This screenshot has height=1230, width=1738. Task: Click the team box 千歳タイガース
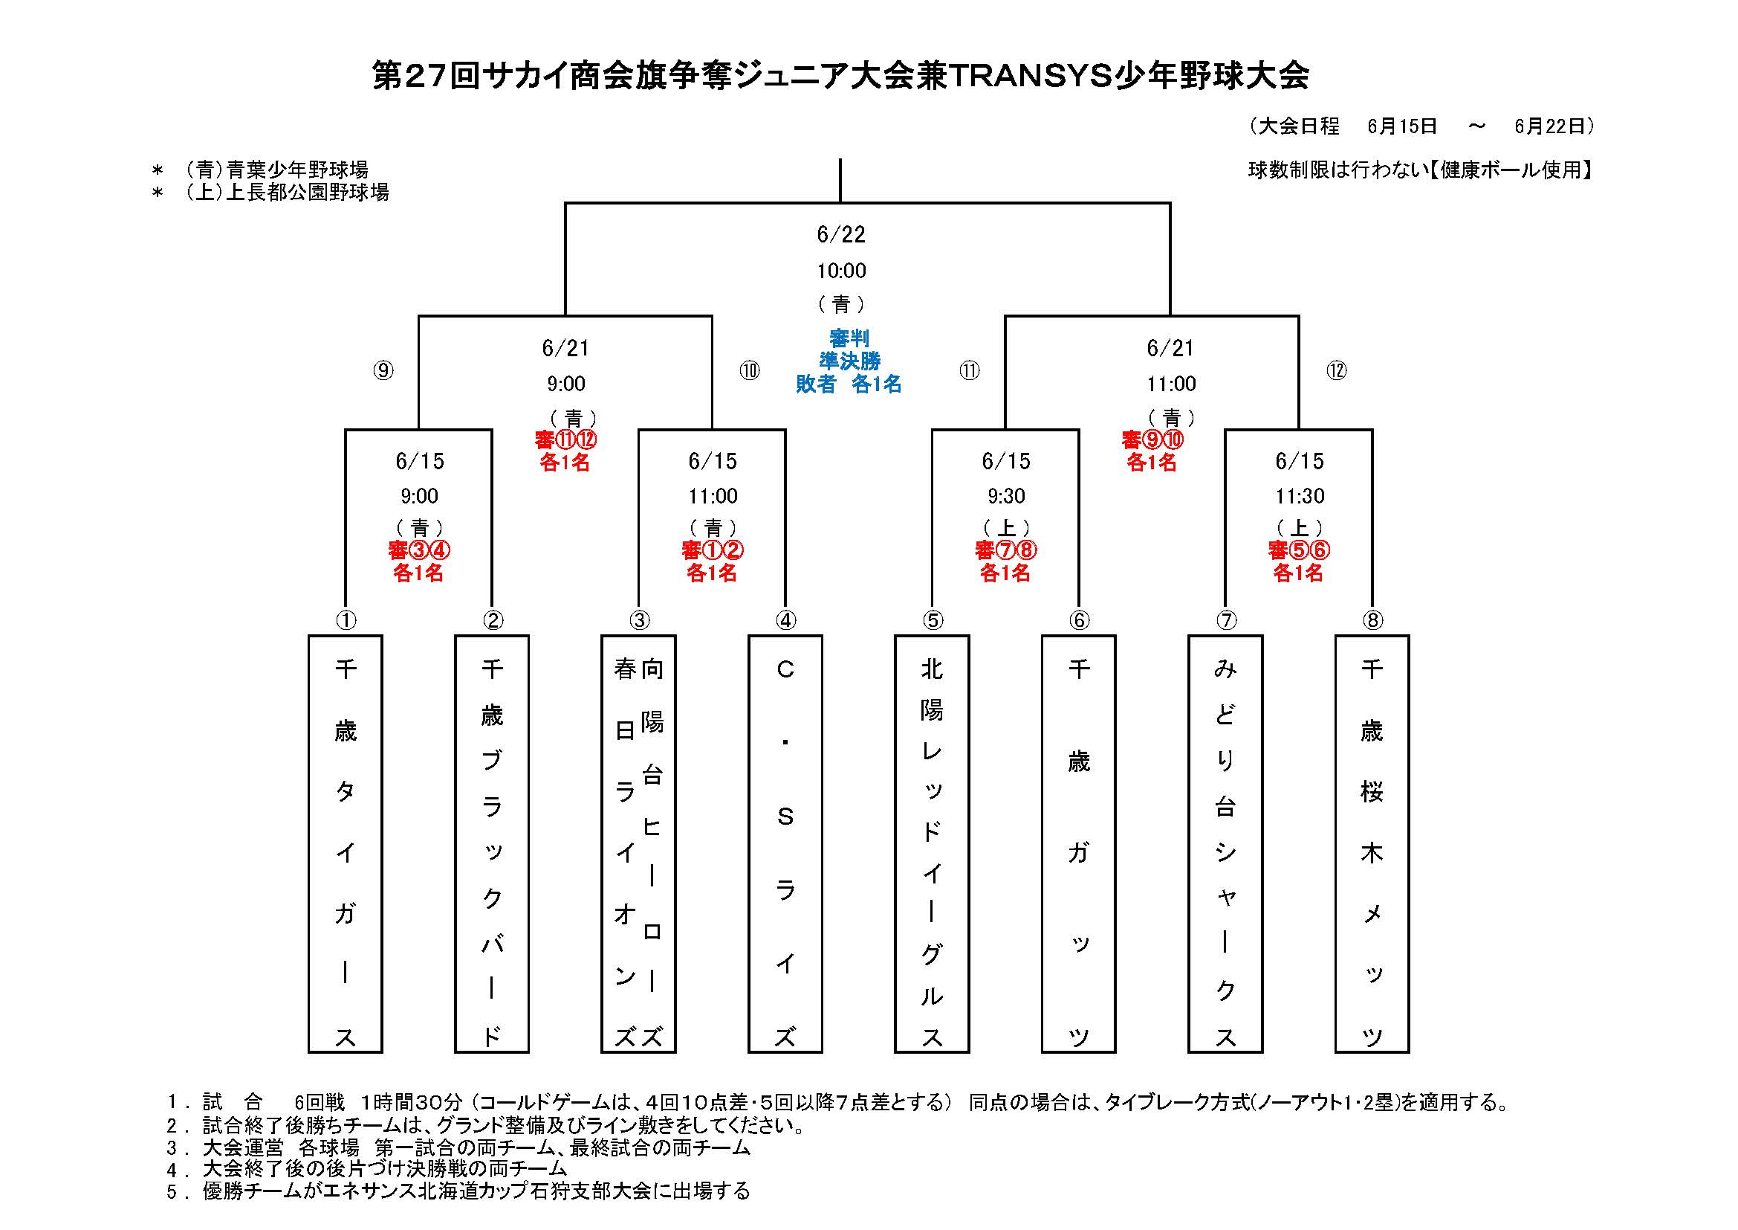coord(346,844)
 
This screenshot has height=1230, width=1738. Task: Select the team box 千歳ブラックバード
coord(492,844)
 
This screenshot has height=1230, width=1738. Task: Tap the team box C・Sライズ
coord(785,844)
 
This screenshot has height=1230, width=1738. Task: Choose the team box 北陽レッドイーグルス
coord(932,844)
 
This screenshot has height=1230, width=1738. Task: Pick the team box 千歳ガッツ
coord(1079,844)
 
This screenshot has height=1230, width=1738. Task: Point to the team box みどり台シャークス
coord(1225,844)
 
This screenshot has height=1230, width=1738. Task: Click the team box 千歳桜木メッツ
coord(1372,844)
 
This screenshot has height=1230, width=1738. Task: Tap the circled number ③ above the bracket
coord(640,620)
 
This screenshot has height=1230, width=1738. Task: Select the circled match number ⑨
coord(383,370)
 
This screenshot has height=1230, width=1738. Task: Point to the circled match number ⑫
coord(1337,370)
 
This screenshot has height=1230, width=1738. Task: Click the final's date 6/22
coord(841,235)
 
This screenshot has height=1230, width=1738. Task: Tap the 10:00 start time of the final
coord(841,271)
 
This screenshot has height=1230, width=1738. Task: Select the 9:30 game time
coord(1006,496)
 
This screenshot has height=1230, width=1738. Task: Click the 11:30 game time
coord(1300,496)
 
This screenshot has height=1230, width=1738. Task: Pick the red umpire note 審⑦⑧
coord(1006,550)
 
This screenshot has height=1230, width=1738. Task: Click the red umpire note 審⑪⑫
coord(565,439)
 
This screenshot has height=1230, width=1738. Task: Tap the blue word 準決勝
coord(849,361)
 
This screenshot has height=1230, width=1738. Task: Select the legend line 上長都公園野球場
coord(288,193)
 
